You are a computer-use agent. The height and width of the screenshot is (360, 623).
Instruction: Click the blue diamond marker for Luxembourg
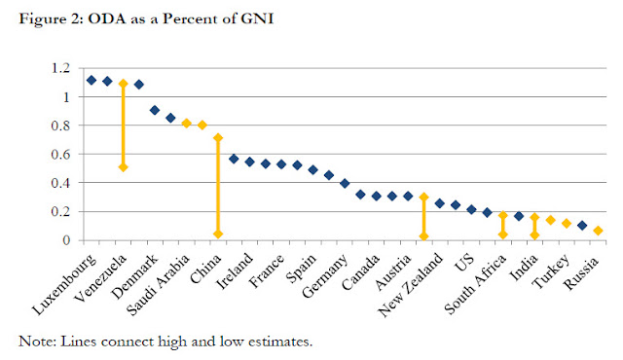(x=92, y=80)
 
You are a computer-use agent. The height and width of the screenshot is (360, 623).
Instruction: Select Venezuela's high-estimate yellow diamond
(x=124, y=84)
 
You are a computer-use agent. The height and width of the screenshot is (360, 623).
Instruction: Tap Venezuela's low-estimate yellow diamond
(x=124, y=167)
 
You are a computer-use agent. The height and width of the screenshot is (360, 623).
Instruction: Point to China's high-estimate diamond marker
(x=218, y=138)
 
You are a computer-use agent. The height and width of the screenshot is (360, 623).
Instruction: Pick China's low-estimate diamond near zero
(x=218, y=234)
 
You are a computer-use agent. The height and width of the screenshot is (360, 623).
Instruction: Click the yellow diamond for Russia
(x=598, y=231)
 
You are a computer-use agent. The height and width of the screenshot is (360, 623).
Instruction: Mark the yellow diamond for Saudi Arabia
(x=186, y=123)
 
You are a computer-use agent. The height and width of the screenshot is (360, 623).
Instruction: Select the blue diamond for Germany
(x=345, y=183)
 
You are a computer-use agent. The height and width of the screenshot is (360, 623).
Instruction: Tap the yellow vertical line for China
(x=218, y=186)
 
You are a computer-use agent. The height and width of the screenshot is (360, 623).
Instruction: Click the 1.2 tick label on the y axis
(x=60, y=68)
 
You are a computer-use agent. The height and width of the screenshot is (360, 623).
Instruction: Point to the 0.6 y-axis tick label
(x=60, y=154)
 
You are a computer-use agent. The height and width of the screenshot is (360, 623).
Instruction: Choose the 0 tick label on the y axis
(x=66, y=240)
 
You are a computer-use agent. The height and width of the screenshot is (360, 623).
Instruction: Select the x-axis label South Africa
(x=476, y=283)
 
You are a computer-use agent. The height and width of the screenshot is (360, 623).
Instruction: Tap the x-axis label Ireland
(x=235, y=270)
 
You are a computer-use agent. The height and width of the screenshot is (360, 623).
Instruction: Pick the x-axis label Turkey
(x=551, y=271)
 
